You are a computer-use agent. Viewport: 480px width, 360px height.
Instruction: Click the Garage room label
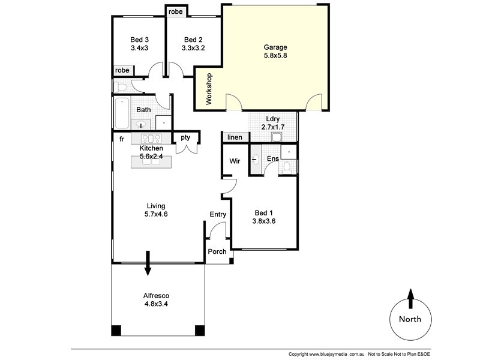point(276,52)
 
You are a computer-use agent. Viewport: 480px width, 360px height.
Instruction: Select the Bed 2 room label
point(194,44)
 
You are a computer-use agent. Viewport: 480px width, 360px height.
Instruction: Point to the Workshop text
point(209,89)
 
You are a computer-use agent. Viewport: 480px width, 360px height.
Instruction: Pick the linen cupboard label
point(235,138)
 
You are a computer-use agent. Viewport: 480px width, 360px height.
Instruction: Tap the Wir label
point(235,161)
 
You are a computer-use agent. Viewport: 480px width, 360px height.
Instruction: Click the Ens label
point(272,159)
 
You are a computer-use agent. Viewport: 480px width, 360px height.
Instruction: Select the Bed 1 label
point(265,217)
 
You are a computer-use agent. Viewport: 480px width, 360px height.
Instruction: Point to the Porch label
point(217,251)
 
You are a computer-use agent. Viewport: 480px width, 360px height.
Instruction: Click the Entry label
point(217,214)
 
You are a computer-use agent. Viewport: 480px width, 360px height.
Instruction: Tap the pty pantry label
point(185,138)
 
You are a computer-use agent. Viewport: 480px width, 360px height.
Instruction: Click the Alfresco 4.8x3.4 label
point(156,299)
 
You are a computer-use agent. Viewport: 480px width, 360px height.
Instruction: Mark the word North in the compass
point(410,319)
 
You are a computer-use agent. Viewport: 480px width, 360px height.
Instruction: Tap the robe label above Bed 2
point(176,11)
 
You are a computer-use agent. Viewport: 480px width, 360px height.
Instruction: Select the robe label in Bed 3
point(122,70)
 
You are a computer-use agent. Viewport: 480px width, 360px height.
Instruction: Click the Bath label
point(143,110)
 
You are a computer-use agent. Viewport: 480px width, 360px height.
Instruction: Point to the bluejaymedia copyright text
point(326,354)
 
